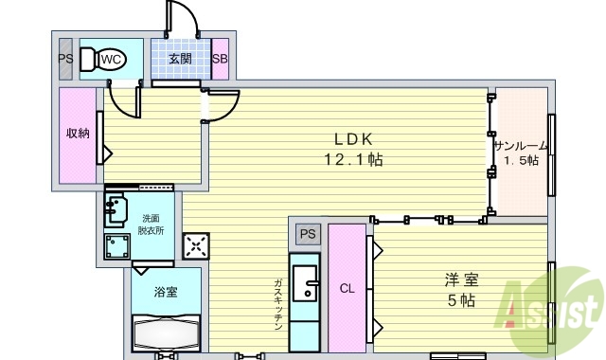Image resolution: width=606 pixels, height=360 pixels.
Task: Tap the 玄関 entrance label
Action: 180,59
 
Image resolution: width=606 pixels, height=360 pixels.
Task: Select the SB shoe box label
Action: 220,59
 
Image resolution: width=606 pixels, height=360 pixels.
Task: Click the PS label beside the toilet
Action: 65,59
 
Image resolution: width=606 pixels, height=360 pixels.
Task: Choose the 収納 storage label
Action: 77,133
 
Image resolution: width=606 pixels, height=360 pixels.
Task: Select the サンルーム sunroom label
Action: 520,145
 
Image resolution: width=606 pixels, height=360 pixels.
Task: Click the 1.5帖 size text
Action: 520,161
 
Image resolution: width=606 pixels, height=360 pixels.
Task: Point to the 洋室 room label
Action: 462,280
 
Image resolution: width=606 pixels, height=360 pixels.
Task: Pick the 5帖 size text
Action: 462,301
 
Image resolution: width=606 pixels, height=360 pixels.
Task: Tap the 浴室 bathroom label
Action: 165,291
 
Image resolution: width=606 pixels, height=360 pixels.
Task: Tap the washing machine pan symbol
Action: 121,246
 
